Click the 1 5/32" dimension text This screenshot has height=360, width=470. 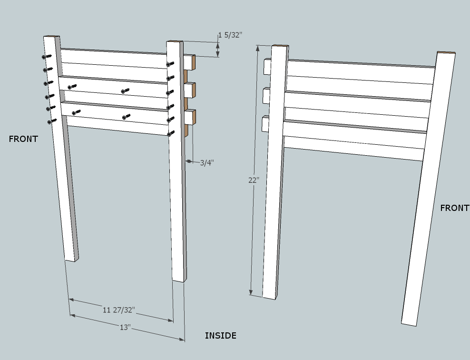tap(230, 35)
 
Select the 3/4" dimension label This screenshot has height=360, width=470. tap(206, 163)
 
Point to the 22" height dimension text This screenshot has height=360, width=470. tap(254, 180)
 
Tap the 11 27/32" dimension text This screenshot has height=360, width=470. tap(119, 310)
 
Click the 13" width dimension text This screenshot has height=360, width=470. tap(125, 328)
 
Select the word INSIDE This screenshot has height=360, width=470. tap(220, 336)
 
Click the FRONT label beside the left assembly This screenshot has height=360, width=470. tap(23, 139)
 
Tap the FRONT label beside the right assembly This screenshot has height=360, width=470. tap(454, 208)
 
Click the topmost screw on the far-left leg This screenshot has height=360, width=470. tap(47, 56)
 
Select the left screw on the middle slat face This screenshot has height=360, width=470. tap(72, 87)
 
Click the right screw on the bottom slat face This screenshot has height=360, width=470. tap(126, 116)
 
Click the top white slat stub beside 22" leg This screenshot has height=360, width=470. tap(267, 66)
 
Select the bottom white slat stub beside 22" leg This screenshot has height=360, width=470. tap(265, 124)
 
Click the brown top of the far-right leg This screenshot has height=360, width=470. tap(446, 53)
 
